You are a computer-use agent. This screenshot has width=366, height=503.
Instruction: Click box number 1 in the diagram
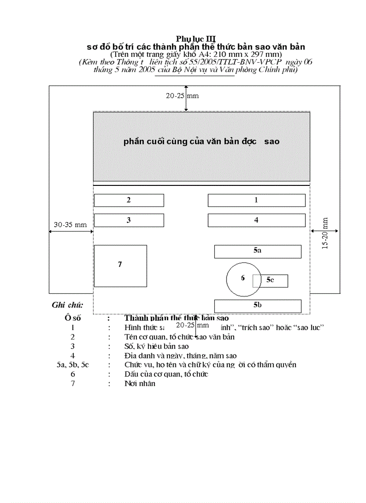point(256,200)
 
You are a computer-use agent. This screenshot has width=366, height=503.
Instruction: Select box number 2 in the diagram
point(129,200)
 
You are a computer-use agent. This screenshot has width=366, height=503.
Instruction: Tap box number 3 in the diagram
point(129,220)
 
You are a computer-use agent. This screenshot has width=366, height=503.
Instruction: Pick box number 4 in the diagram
point(256,220)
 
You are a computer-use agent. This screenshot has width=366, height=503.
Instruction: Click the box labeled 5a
point(257,252)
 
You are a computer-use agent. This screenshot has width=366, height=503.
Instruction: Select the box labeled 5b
point(257,306)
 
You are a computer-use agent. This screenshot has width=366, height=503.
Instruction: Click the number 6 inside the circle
point(243,278)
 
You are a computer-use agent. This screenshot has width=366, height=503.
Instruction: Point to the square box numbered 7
point(120,266)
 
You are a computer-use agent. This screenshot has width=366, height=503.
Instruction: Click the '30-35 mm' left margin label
point(70,225)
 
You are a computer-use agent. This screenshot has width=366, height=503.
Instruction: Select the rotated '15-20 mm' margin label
point(325,233)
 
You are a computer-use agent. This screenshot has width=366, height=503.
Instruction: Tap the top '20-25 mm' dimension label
point(182,96)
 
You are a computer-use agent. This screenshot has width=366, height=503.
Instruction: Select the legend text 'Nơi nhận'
point(140,384)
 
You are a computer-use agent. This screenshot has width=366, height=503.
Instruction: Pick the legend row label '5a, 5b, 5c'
point(73,365)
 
